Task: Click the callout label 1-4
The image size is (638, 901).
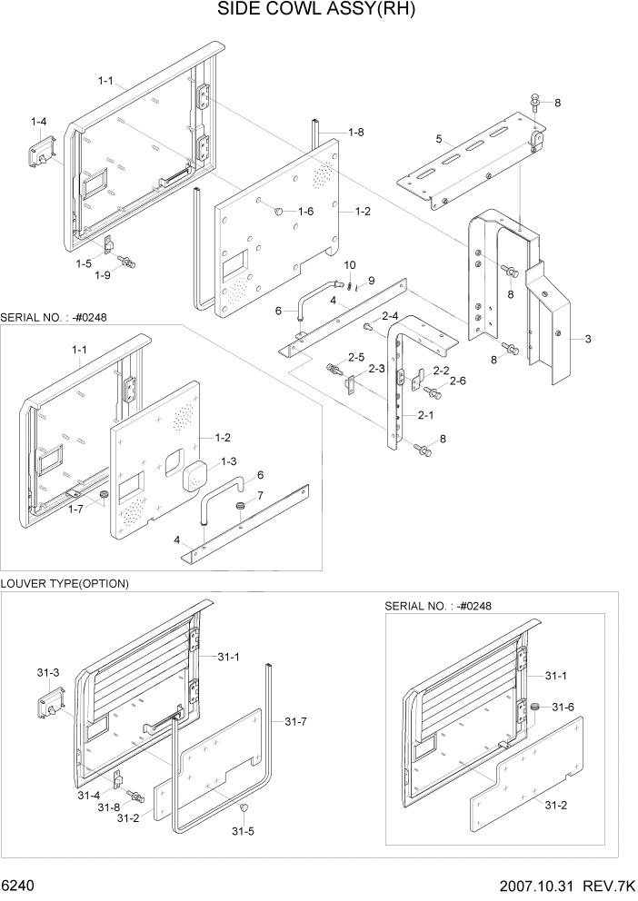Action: coord(39,121)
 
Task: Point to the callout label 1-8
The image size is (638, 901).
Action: coord(356,133)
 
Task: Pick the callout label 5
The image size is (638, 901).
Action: coord(439,139)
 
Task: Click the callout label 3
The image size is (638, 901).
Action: coord(588,339)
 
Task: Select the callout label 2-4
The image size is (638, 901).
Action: coord(390,315)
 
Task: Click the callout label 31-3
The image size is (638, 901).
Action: coord(48,672)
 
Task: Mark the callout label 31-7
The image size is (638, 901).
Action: coord(294,721)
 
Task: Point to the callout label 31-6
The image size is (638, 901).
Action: coord(563,707)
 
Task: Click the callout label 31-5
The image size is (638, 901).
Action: coord(241,831)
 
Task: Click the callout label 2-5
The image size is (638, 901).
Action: coord(355,357)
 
